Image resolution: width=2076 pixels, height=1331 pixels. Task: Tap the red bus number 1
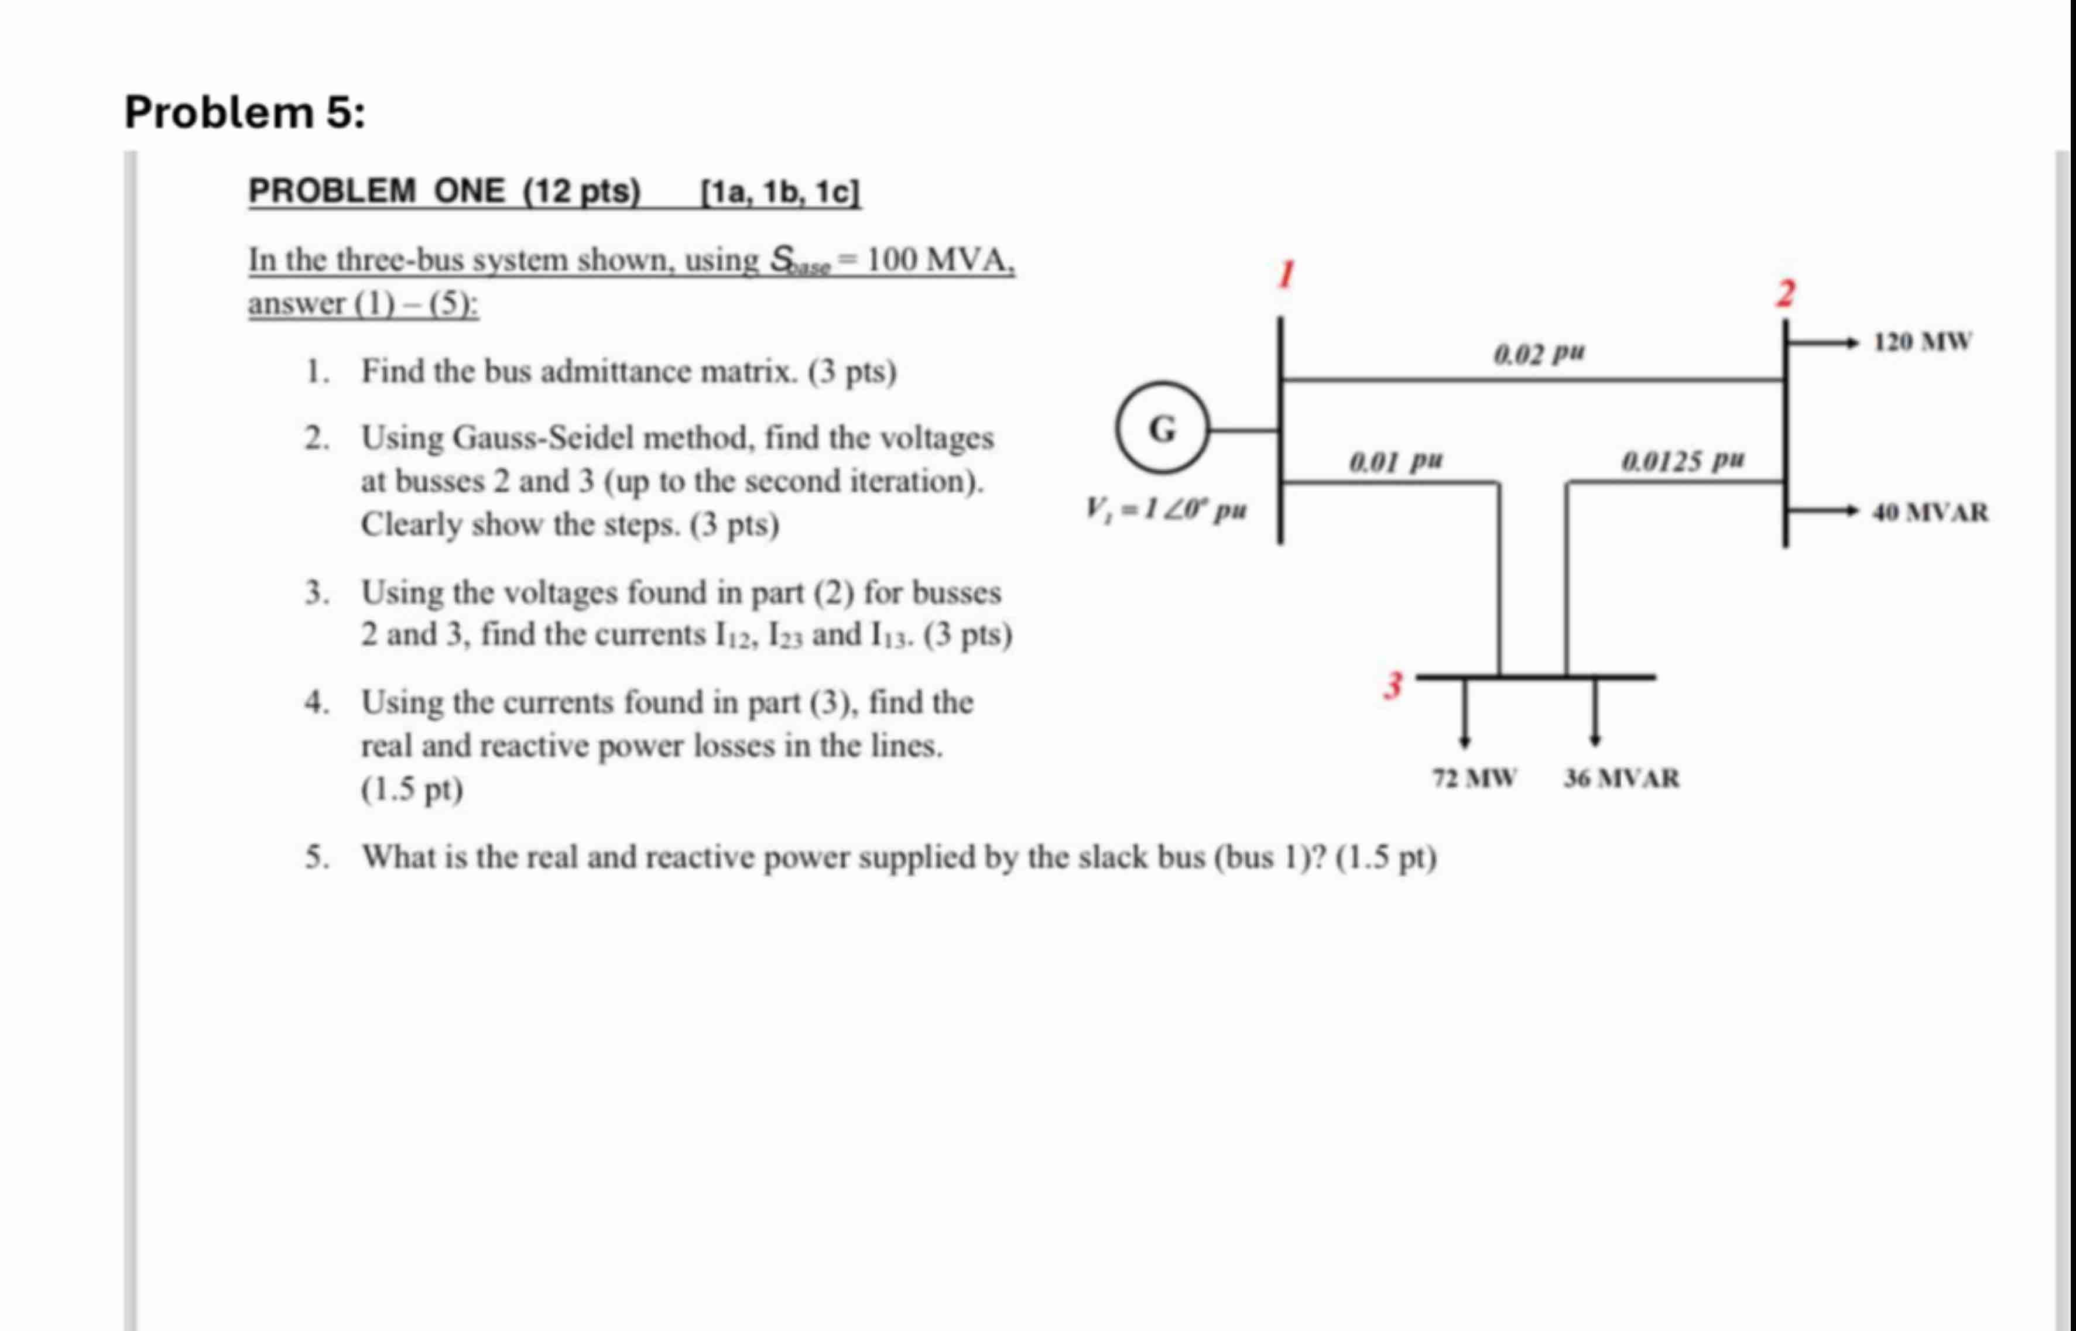(x=1287, y=275)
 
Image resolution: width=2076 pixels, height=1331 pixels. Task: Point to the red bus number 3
(x=1392, y=685)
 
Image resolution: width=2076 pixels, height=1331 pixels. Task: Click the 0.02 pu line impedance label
(x=1539, y=352)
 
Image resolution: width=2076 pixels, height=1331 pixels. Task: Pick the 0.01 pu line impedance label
(x=1396, y=461)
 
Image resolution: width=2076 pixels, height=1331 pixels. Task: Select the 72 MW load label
(x=1474, y=778)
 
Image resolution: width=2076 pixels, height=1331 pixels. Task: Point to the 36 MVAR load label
(x=1621, y=778)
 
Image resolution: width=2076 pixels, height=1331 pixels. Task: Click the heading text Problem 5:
(x=245, y=112)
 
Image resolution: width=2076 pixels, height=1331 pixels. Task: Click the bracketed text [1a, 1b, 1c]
(x=780, y=191)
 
